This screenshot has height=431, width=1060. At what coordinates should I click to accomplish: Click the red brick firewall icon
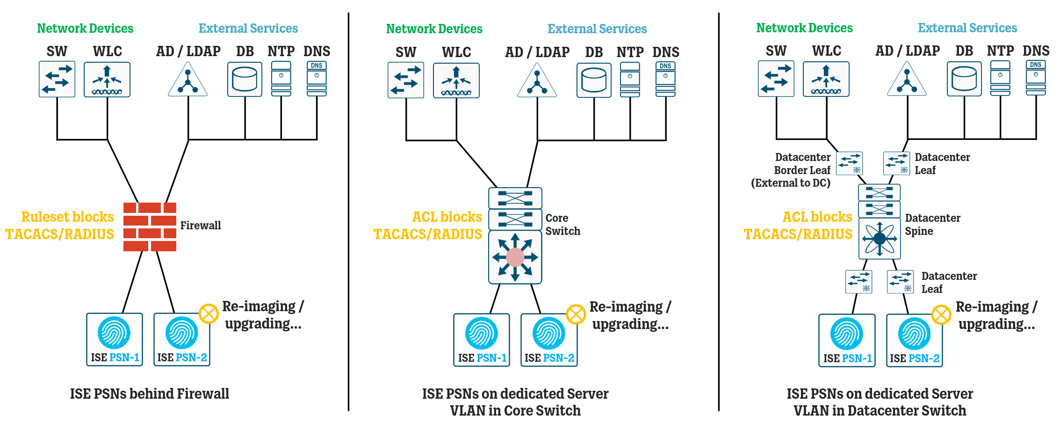tap(150, 227)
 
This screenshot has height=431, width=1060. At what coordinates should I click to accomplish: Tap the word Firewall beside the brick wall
tap(200, 226)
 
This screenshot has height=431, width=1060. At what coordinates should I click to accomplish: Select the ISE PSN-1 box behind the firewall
tap(114, 339)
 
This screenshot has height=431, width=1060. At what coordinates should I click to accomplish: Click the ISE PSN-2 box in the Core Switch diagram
tap(549, 340)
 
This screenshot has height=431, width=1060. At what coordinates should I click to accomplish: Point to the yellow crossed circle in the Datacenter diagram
tap(941, 314)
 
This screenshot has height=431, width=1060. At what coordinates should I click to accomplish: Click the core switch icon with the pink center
tap(515, 257)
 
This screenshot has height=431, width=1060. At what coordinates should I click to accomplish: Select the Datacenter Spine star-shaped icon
tap(880, 239)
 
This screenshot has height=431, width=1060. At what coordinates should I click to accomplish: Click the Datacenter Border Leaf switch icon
tap(849, 163)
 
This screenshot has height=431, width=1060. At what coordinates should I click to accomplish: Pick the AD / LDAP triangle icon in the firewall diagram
tap(187, 80)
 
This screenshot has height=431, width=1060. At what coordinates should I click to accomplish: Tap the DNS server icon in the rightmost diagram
tap(1036, 78)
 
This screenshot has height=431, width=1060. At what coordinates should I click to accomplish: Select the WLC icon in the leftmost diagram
tap(107, 80)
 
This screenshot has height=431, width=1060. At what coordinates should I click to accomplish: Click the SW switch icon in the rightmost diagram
tap(776, 79)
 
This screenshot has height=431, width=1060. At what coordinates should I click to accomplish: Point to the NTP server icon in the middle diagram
tap(630, 80)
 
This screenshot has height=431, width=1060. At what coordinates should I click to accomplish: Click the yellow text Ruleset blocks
tap(67, 217)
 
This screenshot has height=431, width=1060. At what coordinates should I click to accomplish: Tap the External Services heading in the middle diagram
tap(597, 29)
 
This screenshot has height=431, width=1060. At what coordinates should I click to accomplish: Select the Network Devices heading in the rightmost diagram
tap(804, 28)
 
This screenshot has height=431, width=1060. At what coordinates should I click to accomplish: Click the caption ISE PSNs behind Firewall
tap(150, 394)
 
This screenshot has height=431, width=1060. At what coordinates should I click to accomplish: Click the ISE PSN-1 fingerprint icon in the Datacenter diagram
tap(846, 334)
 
